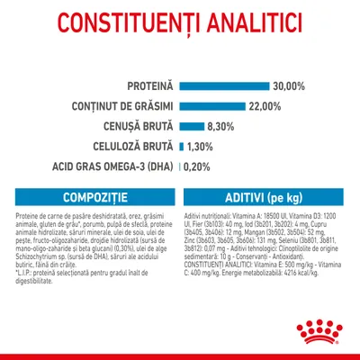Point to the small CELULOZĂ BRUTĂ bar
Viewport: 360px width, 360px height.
pyautogui.click(x=181, y=146)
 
